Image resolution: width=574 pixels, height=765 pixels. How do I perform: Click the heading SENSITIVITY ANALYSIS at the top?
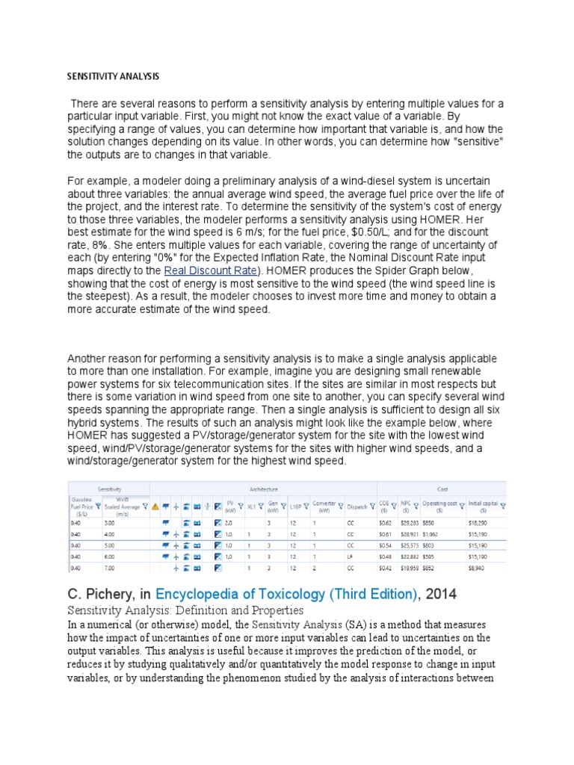point(113,76)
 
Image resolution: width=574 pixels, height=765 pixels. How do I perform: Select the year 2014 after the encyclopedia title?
point(433,595)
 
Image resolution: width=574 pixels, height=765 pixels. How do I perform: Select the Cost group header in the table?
point(441,487)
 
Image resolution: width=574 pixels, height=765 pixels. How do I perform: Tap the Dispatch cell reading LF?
point(350,557)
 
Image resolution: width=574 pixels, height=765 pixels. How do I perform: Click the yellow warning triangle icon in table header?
point(155,507)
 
